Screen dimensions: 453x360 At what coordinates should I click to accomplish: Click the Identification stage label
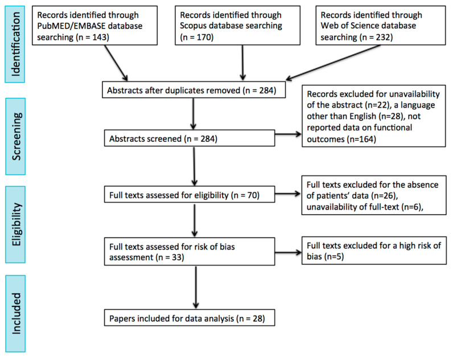point(15,44)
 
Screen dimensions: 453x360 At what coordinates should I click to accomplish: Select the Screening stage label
point(15,137)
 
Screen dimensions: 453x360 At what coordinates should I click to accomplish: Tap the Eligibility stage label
point(15,224)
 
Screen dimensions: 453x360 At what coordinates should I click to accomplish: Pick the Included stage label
point(15,313)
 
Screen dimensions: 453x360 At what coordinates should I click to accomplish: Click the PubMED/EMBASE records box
point(95,26)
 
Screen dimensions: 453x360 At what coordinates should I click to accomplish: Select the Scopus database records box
point(237,26)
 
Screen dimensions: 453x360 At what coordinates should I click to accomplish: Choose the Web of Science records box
point(381,26)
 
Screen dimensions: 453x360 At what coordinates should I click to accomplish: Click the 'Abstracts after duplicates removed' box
point(194,90)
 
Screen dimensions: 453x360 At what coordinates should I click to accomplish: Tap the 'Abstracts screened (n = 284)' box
point(190,138)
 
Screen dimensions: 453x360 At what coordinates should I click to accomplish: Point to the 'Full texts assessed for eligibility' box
point(190,194)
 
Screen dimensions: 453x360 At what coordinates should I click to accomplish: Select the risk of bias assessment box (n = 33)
point(190,252)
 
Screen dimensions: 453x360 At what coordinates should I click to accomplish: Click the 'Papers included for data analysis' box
point(190,318)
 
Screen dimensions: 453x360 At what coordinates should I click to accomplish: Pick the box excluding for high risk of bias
point(374,251)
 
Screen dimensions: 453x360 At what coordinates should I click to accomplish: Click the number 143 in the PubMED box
point(100,37)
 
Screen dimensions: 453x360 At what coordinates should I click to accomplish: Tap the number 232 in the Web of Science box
point(383,37)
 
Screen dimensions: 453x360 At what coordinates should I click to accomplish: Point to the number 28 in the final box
point(258,318)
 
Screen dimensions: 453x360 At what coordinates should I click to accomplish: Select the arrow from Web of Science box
point(333,62)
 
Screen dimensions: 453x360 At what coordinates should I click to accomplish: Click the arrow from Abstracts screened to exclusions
point(288,134)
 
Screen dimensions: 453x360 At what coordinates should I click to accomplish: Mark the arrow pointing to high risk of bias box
point(288,252)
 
